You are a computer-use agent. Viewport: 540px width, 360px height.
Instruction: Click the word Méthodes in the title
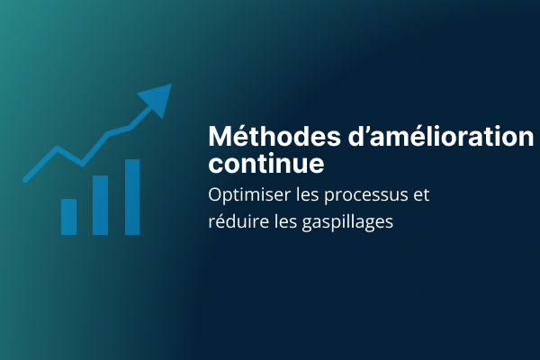[274, 137]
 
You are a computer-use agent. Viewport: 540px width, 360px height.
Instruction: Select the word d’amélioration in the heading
[441, 137]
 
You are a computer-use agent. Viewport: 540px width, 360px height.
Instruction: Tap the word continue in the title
[266, 163]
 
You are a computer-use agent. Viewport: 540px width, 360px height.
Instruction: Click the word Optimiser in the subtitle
[249, 195]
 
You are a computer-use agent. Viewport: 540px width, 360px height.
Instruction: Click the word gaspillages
[347, 222]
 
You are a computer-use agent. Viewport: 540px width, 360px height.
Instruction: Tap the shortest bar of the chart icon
[69, 217]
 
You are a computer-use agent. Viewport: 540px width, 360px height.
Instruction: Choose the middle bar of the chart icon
[100, 205]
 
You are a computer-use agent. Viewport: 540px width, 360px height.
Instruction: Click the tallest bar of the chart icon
[132, 197]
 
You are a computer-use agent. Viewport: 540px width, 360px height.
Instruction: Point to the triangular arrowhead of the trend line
[157, 99]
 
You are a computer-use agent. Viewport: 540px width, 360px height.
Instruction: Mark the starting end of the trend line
[25, 180]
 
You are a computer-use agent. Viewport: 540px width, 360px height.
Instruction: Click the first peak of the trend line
[57, 148]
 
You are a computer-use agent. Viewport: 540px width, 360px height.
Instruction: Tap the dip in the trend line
[82, 163]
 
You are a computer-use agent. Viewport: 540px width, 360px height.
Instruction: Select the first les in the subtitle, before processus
[307, 194]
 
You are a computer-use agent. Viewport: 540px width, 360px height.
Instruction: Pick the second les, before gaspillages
[285, 221]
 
